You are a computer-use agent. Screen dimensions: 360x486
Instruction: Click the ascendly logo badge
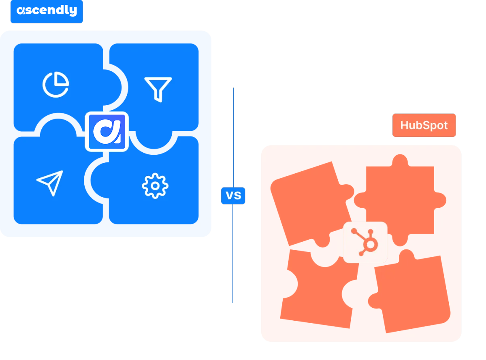pyautogui.click(x=47, y=11)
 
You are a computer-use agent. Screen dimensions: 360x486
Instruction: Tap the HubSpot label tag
pyautogui.click(x=424, y=126)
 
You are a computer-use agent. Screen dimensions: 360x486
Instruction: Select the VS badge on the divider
pyautogui.click(x=233, y=196)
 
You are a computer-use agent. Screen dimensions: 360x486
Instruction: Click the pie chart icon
pyautogui.click(x=55, y=84)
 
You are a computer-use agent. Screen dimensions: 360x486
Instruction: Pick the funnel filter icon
pyautogui.click(x=158, y=89)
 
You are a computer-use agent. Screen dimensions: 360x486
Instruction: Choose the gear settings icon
pyautogui.click(x=155, y=186)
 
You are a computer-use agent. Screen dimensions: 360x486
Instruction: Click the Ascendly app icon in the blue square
pyautogui.click(x=107, y=132)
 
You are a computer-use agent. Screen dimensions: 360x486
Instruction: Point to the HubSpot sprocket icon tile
pyautogui.click(x=365, y=243)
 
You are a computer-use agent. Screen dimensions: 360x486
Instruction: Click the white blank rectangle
pyautogui.click(x=75, y=315)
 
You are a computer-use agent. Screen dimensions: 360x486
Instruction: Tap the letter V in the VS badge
pyautogui.click(x=229, y=196)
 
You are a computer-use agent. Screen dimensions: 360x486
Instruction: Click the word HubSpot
pyautogui.click(x=424, y=126)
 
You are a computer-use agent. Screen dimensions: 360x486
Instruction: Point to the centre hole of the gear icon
pyautogui.click(x=155, y=186)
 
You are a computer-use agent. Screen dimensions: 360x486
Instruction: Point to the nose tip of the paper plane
pyautogui.click(x=62, y=172)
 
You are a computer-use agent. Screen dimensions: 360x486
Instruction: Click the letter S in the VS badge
pyautogui.click(x=238, y=196)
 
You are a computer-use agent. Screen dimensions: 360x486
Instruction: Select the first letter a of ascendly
pyautogui.click(x=21, y=11)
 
